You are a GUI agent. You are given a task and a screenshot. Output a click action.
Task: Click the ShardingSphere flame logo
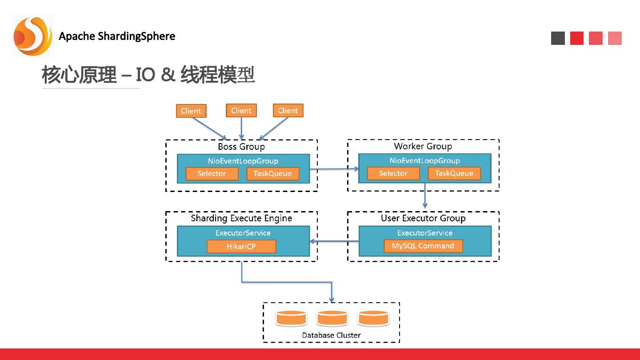click(x=33, y=36)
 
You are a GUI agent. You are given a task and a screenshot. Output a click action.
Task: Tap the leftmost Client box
click(x=191, y=111)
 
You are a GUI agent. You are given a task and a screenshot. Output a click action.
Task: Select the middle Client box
click(x=241, y=111)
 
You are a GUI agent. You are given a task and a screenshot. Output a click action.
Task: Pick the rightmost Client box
click(x=288, y=111)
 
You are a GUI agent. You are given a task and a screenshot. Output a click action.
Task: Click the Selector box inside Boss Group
click(x=212, y=173)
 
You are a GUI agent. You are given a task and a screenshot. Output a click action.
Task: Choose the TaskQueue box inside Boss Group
click(x=272, y=173)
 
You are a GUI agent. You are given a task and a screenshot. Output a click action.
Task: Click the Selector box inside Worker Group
click(x=393, y=173)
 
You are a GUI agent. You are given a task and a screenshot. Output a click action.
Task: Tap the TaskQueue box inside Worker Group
click(x=454, y=173)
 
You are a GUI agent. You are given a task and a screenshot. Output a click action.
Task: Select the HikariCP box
click(x=241, y=246)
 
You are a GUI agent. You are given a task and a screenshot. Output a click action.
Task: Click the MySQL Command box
click(x=423, y=246)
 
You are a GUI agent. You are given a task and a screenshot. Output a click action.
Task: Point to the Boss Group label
click(x=241, y=147)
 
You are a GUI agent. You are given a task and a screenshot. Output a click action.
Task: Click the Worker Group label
click(x=423, y=146)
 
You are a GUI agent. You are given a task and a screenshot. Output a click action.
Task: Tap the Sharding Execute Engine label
click(x=241, y=218)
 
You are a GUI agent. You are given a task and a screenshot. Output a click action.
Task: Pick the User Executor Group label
click(x=423, y=218)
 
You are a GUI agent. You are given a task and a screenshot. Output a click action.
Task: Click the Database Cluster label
click(x=331, y=335)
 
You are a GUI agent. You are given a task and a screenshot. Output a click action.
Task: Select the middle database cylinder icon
click(x=332, y=318)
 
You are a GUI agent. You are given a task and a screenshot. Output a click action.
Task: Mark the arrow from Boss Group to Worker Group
click(x=334, y=169)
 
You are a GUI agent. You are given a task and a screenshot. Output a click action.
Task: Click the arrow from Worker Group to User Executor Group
click(x=425, y=196)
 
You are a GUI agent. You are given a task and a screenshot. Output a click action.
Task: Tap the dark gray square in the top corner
click(x=558, y=38)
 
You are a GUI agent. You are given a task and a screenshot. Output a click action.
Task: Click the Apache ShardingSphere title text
click(x=117, y=36)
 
